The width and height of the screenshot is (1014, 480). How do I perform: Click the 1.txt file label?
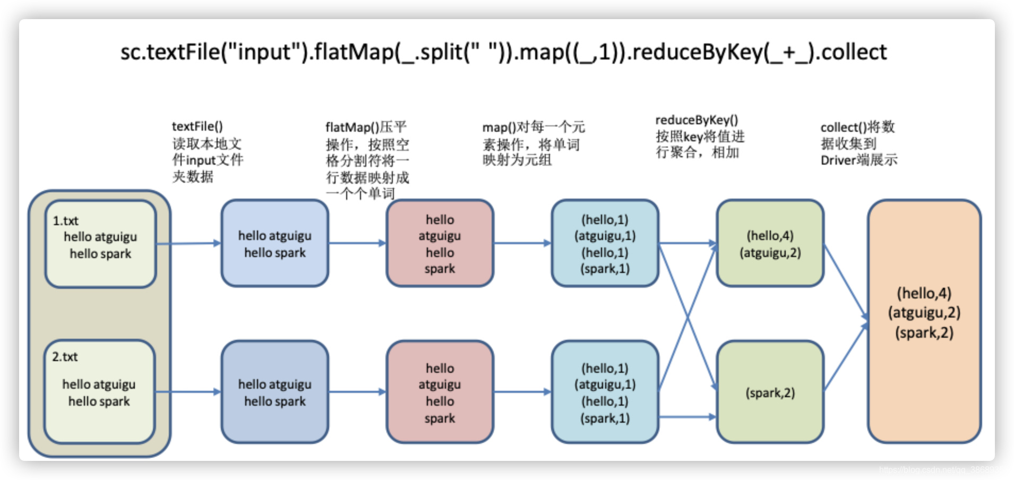[x=65, y=220]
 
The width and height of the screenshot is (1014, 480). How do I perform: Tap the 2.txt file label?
[x=65, y=357]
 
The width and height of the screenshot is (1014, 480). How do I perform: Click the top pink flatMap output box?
[x=440, y=243]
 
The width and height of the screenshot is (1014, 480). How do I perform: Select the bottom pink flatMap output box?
[x=440, y=392]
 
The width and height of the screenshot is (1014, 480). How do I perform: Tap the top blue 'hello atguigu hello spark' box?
[x=274, y=243]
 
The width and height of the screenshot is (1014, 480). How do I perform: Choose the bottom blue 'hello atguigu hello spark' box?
[x=274, y=392]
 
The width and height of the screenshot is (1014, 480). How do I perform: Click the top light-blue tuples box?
[x=605, y=243]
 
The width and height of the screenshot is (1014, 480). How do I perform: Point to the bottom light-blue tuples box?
[x=605, y=392]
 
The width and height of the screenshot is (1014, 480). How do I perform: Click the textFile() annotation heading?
[x=197, y=126]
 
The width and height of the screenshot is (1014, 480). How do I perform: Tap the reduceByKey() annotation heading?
[x=696, y=120]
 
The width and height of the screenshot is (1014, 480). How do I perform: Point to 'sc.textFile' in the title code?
[x=170, y=52]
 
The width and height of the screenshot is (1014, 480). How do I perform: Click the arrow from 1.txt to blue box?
[x=188, y=243]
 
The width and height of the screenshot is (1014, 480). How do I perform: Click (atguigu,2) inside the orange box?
[x=924, y=313]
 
